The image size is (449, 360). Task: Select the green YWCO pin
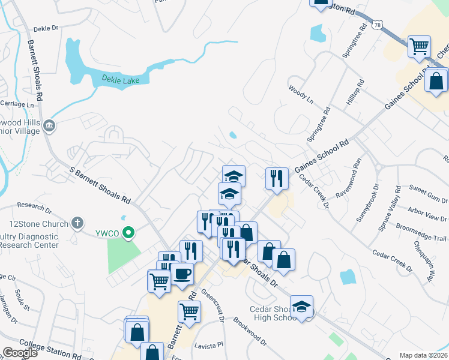tap(128, 233)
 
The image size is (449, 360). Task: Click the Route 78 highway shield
tap(377, 23)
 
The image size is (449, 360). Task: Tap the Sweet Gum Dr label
tap(428, 194)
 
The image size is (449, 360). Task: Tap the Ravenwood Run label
tap(348, 179)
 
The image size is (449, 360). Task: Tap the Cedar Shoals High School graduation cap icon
tap(301, 307)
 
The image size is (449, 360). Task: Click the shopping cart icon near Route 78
tap(419, 46)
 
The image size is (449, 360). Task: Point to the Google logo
tap(19, 353)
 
